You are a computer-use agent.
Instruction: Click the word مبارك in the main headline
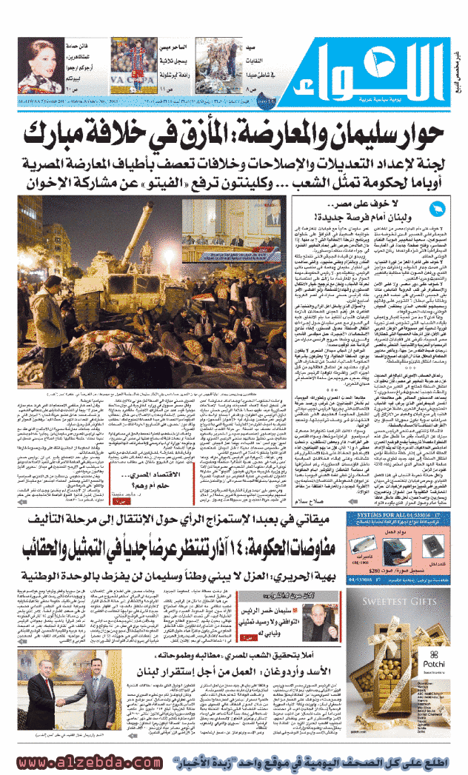[67, 133]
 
